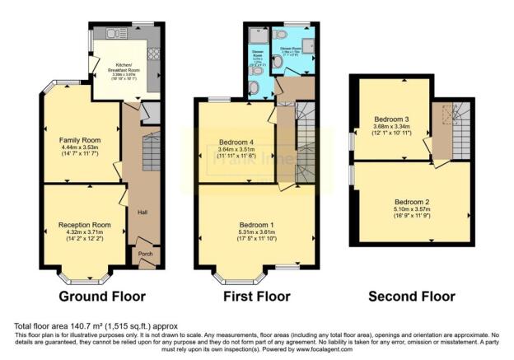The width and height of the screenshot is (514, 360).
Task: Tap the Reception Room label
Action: [84, 224]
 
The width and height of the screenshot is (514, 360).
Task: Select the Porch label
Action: [145, 253]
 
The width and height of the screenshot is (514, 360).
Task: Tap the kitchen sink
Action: [111, 32]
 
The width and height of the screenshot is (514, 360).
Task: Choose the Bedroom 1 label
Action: [256, 225]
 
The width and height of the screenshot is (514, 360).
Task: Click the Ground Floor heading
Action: [102, 296]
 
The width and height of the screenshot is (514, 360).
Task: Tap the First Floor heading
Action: [255, 296]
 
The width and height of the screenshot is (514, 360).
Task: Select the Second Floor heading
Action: [411, 296]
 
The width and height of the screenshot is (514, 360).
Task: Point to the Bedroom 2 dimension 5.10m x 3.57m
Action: [411, 209]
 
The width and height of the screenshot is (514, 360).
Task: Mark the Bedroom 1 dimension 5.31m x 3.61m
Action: [256, 232]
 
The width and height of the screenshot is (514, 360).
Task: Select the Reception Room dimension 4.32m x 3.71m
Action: [84, 231]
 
